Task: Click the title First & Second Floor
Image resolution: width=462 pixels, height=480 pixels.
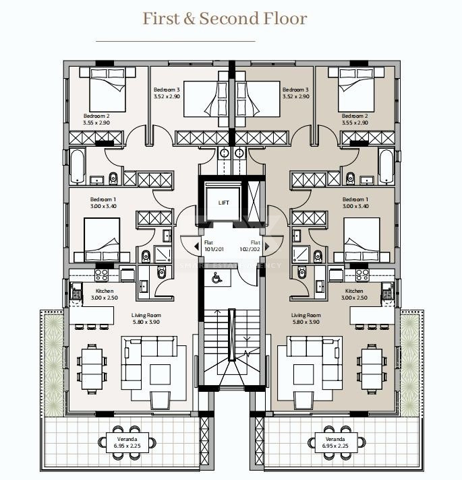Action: (x=225, y=19)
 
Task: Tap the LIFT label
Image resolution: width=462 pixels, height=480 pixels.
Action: (x=223, y=202)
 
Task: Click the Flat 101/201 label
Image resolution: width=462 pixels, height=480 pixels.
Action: (x=213, y=246)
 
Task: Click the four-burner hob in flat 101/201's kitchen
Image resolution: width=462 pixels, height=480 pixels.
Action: (x=100, y=275)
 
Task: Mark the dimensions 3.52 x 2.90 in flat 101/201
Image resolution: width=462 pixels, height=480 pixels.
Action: (x=166, y=97)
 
